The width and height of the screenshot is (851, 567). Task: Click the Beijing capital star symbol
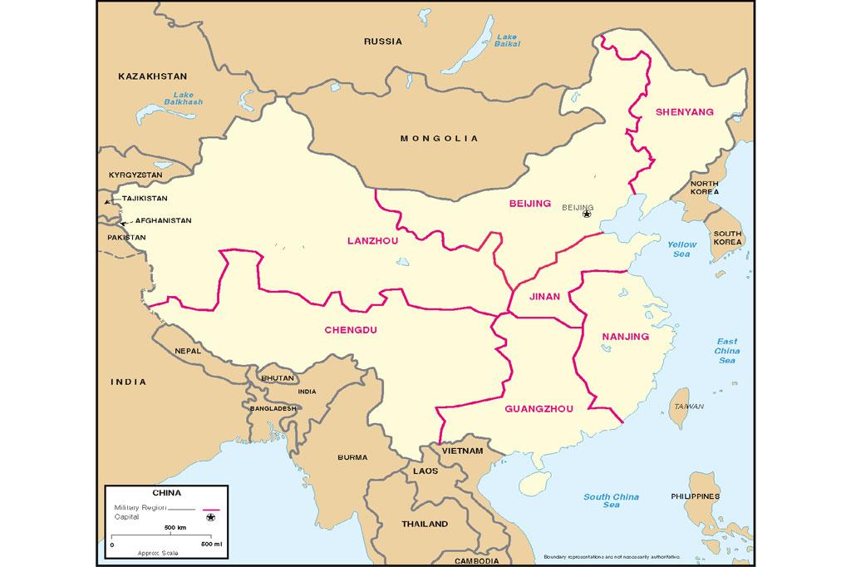coord(587,214)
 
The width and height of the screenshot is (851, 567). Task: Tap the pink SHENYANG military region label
coord(684,111)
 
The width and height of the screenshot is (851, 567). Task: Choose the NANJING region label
coord(624,336)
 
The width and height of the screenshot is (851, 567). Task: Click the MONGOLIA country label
coord(439,138)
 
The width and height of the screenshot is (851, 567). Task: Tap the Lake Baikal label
coord(507,42)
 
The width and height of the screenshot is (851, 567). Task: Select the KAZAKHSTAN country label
coord(153,76)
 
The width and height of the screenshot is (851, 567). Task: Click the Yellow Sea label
coord(681,249)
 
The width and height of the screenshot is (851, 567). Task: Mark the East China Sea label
coord(726,351)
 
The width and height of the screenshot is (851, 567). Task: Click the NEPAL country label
coord(188,351)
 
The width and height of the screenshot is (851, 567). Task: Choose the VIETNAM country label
coord(462,451)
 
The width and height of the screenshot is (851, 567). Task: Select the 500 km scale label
coord(175,528)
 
